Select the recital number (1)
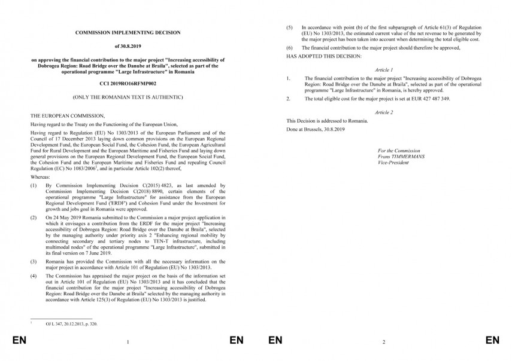click(33, 186)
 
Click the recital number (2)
click(33, 219)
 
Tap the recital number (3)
click(33, 262)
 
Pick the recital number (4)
click(33, 276)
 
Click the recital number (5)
click(290, 27)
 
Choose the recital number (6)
click(290, 47)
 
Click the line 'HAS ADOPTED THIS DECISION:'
click(324, 56)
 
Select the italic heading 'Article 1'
click(383, 69)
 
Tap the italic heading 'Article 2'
click(383, 112)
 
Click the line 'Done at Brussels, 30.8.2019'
click(316, 129)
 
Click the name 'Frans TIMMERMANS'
click(401, 157)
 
